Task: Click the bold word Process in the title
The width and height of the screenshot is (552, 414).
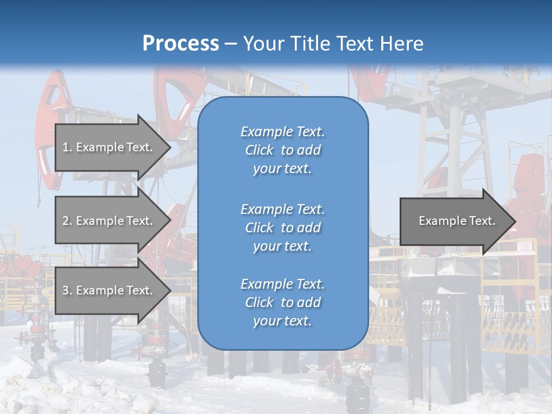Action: point(181,44)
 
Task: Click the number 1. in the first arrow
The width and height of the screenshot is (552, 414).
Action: point(67,147)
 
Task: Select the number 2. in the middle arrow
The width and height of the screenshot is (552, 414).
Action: point(67,221)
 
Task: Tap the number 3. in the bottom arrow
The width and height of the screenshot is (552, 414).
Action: point(67,290)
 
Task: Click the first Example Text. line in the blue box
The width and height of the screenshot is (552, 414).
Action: point(282,132)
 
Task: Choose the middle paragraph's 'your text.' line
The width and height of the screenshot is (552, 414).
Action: point(282,246)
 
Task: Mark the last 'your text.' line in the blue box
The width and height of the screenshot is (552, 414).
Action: point(282,321)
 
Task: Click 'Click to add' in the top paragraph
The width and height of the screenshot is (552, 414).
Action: point(282,150)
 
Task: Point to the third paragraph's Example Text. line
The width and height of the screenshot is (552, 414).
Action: point(282,284)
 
